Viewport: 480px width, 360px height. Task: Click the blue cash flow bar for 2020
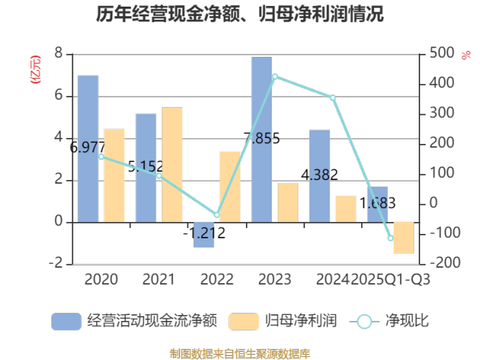click(x=88, y=148)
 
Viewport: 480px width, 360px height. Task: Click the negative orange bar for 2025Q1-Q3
click(x=403, y=238)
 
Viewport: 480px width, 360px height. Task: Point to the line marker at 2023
click(x=275, y=77)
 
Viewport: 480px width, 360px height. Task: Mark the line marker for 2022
click(x=217, y=215)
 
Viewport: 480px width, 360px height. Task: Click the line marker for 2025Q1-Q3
click(x=391, y=238)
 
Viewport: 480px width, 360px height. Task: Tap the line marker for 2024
click(x=332, y=97)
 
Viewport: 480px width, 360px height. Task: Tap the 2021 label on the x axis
click(x=159, y=280)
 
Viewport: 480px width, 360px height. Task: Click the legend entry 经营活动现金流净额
click(x=134, y=321)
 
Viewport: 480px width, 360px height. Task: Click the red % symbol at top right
click(x=466, y=55)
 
